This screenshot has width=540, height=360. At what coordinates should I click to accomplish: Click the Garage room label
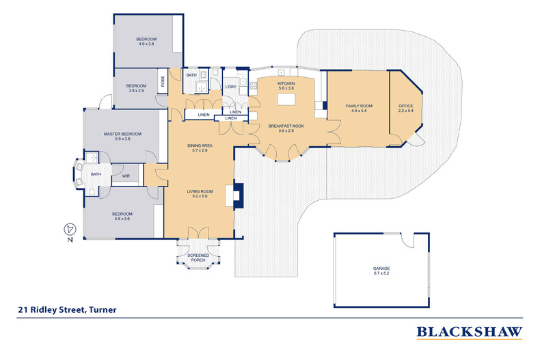tap(382, 269)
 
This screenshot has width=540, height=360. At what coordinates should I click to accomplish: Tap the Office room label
tap(406, 107)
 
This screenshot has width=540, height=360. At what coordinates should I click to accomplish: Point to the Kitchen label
tap(286, 84)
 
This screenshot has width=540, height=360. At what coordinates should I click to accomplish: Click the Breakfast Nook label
tap(286, 126)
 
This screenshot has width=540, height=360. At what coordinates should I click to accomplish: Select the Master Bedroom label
tap(122, 134)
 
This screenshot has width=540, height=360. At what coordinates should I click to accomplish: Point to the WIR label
tap(126, 176)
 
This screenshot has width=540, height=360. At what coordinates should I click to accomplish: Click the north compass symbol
tap(68, 230)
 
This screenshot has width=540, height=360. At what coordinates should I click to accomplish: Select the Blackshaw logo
tap(470, 333)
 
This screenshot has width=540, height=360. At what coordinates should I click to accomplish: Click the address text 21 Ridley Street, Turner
tap(67, 309)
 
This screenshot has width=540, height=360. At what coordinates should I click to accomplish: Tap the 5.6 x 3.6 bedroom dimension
tap(122, 219)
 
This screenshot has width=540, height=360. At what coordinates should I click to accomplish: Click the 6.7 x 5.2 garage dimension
tap(382, 273)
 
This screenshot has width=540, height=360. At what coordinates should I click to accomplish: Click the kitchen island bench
tap(286, 99)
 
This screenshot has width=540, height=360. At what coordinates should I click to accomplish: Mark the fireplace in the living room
tap(238, 193)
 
